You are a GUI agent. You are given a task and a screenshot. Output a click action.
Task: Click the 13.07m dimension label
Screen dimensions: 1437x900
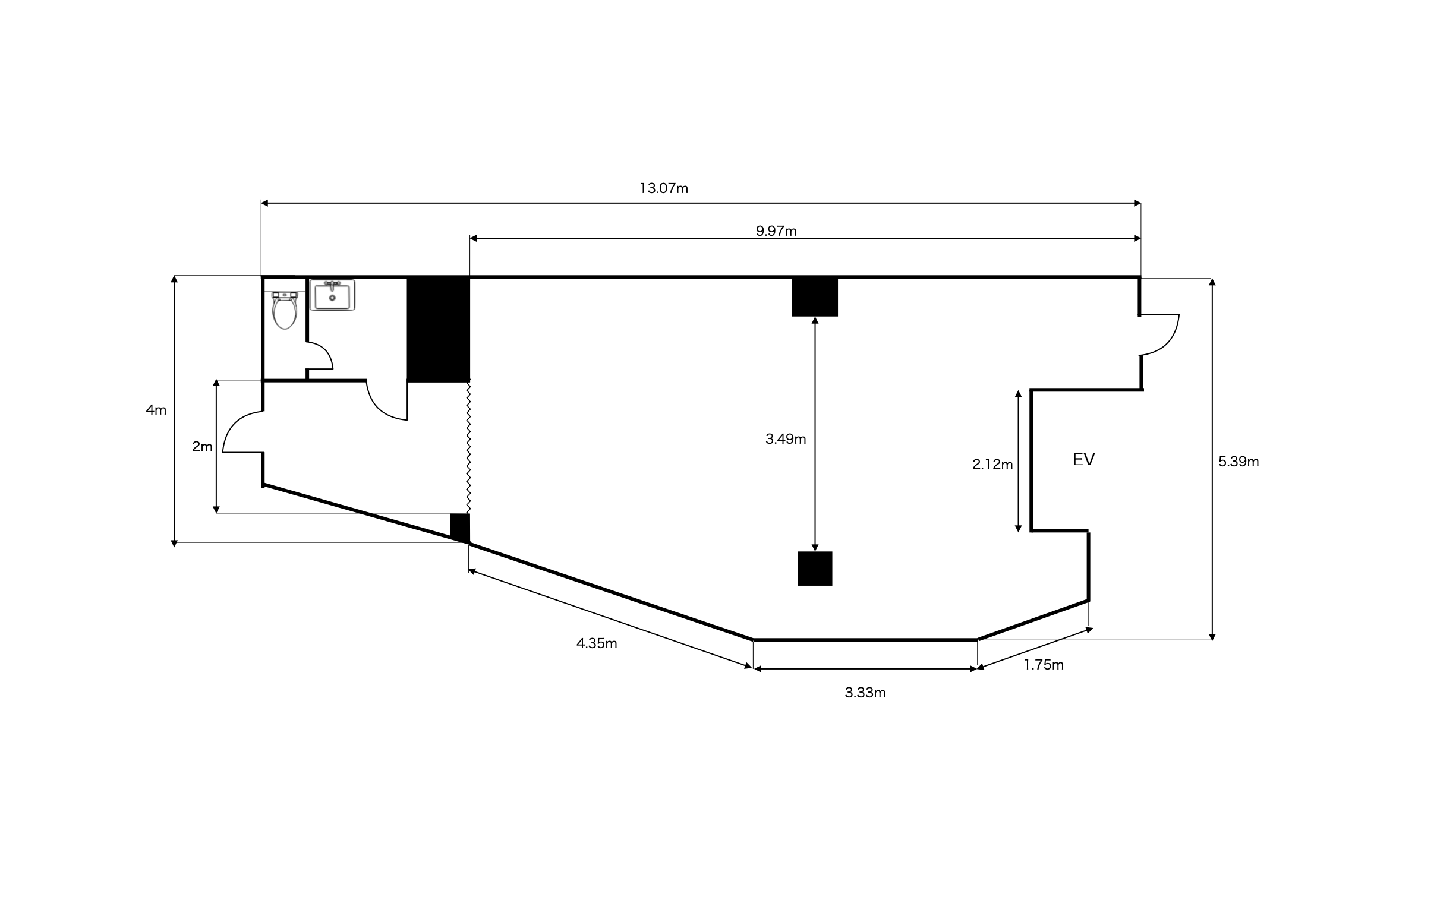point(664,188)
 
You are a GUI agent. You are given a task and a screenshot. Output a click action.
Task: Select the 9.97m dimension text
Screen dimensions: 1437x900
point(776,231)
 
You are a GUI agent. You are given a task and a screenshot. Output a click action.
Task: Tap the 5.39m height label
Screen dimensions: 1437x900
point(1238,462)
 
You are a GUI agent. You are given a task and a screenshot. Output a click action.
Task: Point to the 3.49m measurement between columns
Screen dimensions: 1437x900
point(786,438)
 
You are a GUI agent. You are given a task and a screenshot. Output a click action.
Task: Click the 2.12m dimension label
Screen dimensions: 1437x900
point(992,465)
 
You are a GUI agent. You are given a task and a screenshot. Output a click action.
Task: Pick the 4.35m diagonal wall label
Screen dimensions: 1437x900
point(597,643)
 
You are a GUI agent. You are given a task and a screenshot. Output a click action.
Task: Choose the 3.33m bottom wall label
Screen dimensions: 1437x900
point(865,692)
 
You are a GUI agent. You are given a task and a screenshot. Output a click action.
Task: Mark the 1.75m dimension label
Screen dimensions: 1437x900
point(1044,665)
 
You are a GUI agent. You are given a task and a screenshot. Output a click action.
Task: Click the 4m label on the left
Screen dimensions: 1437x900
point(156,409)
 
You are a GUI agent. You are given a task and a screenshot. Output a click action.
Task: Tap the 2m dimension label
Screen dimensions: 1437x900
point(202,446)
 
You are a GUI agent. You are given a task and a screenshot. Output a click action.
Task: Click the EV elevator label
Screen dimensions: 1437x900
point(1083,459)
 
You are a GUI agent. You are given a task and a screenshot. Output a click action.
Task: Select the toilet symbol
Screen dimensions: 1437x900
point(285,310)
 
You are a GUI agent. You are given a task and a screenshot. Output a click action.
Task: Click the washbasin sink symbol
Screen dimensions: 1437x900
point(332,295)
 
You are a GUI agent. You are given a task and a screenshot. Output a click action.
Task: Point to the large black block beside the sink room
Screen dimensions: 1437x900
point(439,330)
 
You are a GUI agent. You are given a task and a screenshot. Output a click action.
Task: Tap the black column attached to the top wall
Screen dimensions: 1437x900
point(815,296)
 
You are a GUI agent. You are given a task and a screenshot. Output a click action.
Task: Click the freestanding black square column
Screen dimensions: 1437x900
point(815,569)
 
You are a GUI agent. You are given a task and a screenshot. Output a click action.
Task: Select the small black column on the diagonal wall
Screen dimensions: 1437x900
point(460,528)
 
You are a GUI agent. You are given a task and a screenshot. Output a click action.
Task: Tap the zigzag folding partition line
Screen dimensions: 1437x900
point(468,447)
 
